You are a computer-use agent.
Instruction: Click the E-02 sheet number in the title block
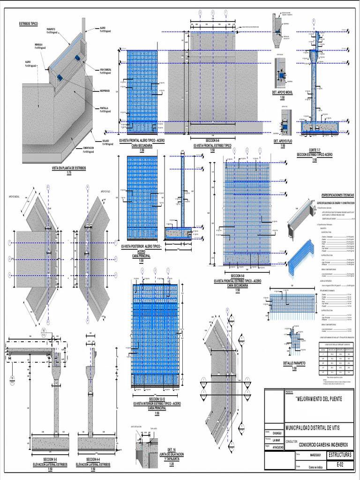click(x=340, y=465)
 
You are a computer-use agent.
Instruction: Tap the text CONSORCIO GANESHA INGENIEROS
click(x=322, y=444)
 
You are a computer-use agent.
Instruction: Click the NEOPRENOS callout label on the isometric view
click(x=104, y=90)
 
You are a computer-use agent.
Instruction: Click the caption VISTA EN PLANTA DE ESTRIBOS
click(x=69, y=167)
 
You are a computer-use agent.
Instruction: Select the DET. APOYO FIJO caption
click(x=283, y=140)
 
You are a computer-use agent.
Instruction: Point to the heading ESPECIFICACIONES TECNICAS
click(x=337, y=194)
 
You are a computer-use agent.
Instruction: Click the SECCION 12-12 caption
click(x=157, y=399)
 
